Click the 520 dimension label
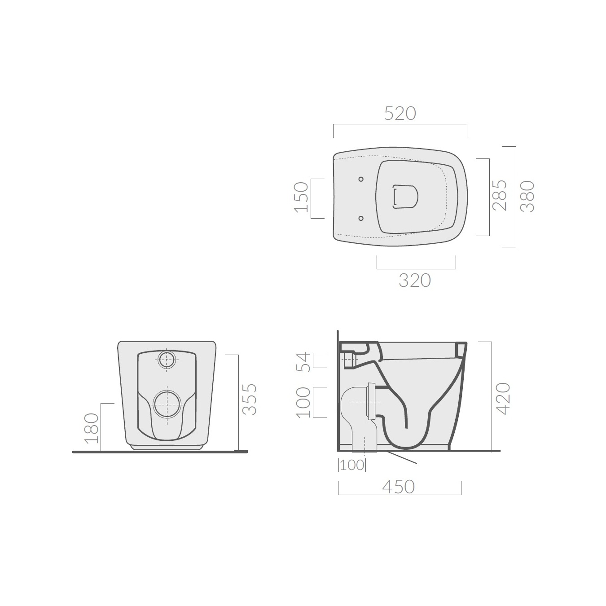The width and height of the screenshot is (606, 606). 400,114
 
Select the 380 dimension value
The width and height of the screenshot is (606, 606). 527,196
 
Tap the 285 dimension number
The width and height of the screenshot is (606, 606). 500,195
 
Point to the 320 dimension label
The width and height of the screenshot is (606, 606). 415,281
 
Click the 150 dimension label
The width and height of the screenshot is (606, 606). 302,197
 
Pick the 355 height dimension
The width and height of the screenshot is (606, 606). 250,400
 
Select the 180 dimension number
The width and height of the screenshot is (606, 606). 92,428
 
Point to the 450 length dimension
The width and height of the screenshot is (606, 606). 399,487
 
